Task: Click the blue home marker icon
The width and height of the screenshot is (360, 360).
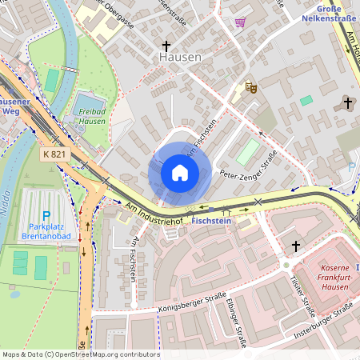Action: [x=180, y=172]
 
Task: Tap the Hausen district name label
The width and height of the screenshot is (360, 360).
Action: [x=180, y=58]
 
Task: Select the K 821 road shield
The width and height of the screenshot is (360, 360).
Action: [x=54, y=152]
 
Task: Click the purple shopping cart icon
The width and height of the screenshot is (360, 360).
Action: [x=239, y=22]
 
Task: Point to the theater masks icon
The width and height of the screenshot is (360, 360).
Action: [x=250, y=86]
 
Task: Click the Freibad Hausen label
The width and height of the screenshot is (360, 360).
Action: [x=92, y=117]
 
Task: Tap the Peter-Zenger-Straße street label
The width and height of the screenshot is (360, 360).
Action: [x=248, y=166]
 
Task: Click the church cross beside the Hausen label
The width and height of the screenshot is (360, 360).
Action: [x=167, y=46]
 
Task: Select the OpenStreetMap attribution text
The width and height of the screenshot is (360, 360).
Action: [x=80, y=354]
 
